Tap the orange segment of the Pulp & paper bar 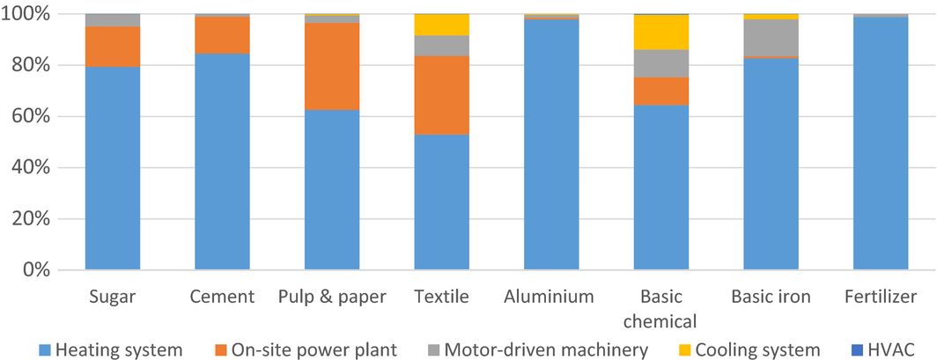tap(332, 67)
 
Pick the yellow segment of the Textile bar tap(441, 25)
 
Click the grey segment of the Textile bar tap(441, 46)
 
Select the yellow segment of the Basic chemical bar tap(661, 33)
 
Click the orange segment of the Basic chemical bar tap(661, 92)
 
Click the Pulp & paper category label tap(332, 297)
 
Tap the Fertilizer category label tap(881, 297)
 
